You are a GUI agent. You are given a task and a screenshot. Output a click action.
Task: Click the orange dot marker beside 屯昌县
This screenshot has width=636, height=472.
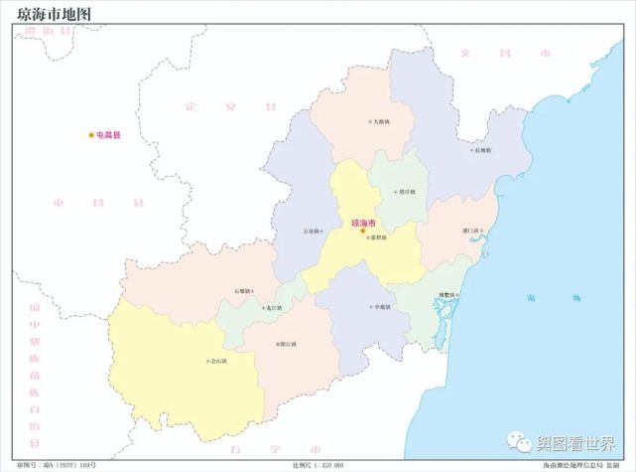[91, 134]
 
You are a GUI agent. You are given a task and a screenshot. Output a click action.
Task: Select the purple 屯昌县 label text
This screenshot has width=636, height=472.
[108, 134]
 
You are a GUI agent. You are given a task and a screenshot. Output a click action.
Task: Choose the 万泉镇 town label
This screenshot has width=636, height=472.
[312, 232]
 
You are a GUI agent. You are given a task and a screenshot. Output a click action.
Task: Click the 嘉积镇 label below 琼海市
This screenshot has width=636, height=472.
[376, 238]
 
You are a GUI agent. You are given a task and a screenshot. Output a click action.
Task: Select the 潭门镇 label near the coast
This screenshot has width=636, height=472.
[469, 232]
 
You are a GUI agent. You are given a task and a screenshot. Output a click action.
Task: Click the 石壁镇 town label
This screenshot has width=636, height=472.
[242, 291]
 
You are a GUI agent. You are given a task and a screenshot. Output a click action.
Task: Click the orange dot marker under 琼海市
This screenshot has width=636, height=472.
[363, 232]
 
